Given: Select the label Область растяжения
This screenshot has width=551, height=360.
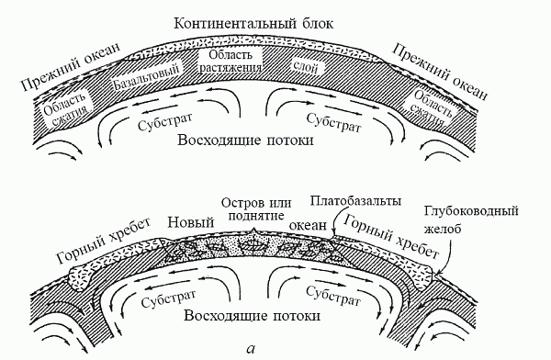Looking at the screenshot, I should point(230,59).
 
